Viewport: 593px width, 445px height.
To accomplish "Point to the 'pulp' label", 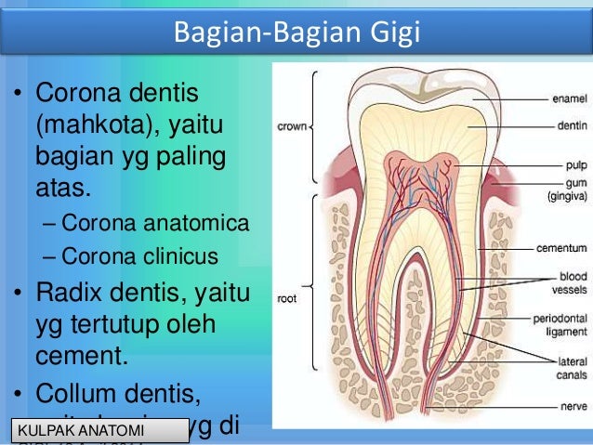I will [572, 164].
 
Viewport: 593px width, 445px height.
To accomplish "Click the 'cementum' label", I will [560, 249].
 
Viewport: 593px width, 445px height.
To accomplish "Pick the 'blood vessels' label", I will [568, 282].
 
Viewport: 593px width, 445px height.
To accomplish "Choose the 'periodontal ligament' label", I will [559, 324].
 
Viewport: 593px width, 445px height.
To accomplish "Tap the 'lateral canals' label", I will [567, 366].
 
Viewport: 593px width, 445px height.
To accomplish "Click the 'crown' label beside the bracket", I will [291, 124].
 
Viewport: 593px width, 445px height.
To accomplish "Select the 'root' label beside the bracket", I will [286, 299].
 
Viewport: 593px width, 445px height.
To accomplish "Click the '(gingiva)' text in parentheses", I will [564, 197].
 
